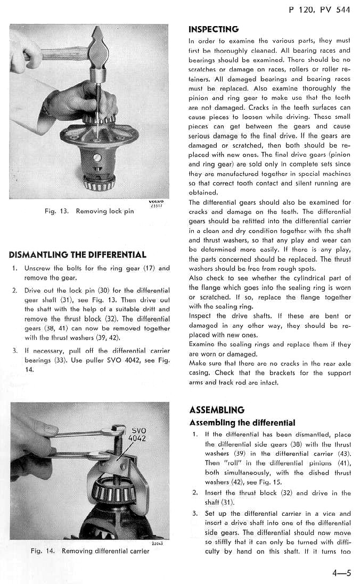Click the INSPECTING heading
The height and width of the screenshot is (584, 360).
[214, 29]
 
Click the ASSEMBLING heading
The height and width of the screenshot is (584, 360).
[217, 410]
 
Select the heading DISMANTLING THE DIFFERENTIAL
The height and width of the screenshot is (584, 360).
[77, 255]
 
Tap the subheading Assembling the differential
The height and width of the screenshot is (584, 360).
[242, 423]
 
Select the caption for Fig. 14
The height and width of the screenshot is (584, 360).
[89, 550]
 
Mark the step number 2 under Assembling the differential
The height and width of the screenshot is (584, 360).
[195, 493]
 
